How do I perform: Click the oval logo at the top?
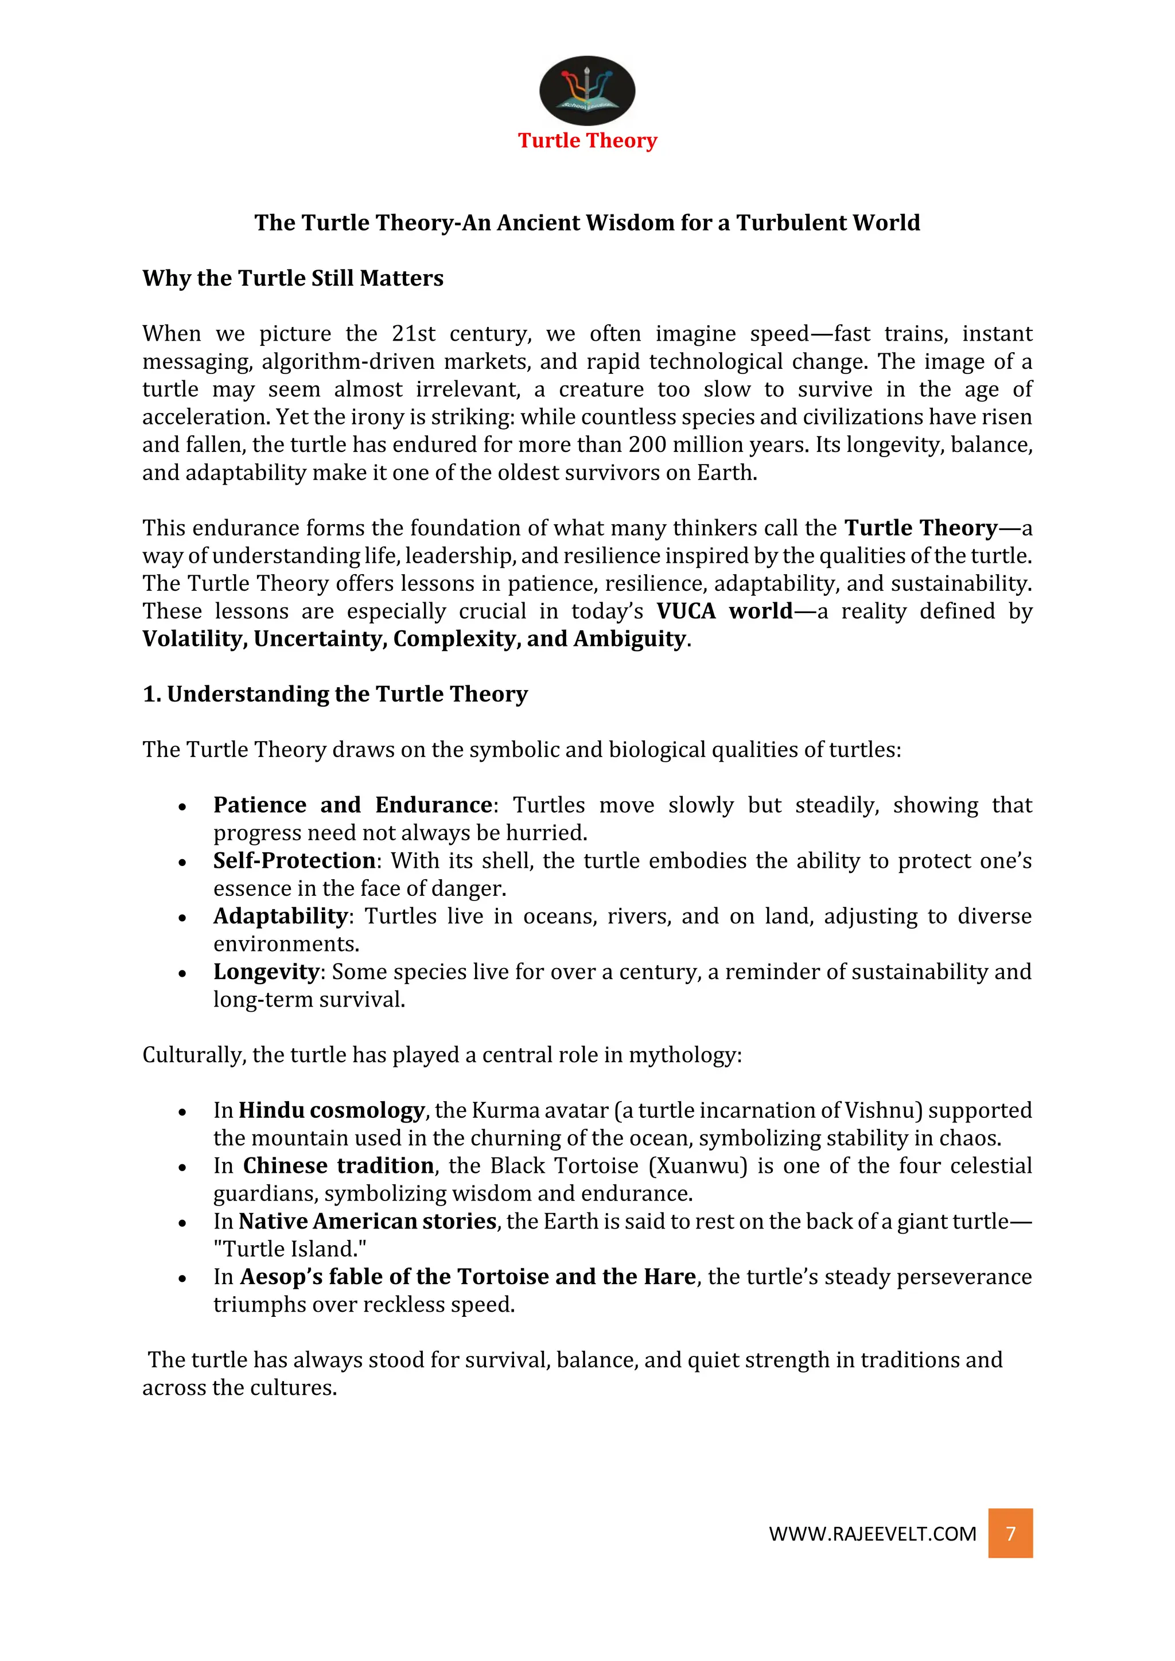tap(587, 91)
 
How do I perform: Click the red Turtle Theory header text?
tap(587, 141)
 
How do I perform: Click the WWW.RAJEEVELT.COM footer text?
tap(872, 1534)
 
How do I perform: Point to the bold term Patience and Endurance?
tap(352, 805)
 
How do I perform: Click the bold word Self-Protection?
tap(294, 860)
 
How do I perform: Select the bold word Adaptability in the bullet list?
tap(281, 916)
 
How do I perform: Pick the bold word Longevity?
tap(266, 972)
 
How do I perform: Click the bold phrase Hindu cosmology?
tap(332, 1110)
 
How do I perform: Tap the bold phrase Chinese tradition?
tap(338, 1165)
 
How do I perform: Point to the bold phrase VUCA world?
tap(725, 611)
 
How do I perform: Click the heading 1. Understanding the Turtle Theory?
tap(335, 694)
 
